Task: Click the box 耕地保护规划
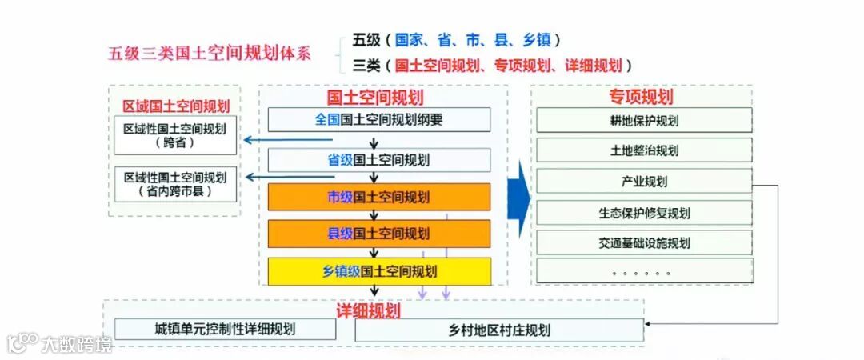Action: [x=644, y=120]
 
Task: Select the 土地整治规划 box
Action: [x=644, y=150]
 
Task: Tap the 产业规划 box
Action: [x=644, y=181]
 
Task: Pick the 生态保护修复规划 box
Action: [x=644, y=212]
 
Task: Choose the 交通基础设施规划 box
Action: [x=644, y=242]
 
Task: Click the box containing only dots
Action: [x=644, y=271]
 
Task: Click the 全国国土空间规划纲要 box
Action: [x=379, y=120]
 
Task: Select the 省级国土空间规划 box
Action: [x=379, y=159]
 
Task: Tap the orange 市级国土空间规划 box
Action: [x=379, y=197]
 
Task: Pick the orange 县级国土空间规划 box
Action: [x=379, y=234]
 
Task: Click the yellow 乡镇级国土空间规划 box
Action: [x=379, y=271]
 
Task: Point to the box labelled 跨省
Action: [x=175, y=135]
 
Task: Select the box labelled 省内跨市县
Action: [x=175, y=183]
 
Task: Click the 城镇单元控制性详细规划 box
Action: [x=225, y=329]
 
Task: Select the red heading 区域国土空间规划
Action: [x=175, y=106]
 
